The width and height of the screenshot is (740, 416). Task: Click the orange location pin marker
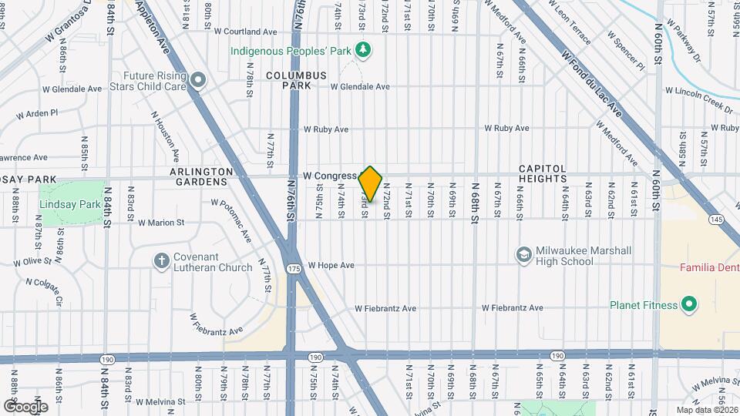tap(371, 184)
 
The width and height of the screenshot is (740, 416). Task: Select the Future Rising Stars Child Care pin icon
tap(198, 80)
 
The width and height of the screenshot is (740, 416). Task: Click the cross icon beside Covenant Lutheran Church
tap(162, 261)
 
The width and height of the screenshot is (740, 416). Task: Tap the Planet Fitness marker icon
tap(690, 305)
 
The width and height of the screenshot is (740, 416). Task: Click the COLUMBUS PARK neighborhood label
tap(297, 80)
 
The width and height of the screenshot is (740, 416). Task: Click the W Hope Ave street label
tap(331, 265)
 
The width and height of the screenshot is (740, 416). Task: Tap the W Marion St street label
tap(161, 223)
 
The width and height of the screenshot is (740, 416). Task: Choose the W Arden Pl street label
tap(38, 113)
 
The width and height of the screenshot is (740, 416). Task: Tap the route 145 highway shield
tap(716, 220)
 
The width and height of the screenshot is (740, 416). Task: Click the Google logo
tap(25, 405)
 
